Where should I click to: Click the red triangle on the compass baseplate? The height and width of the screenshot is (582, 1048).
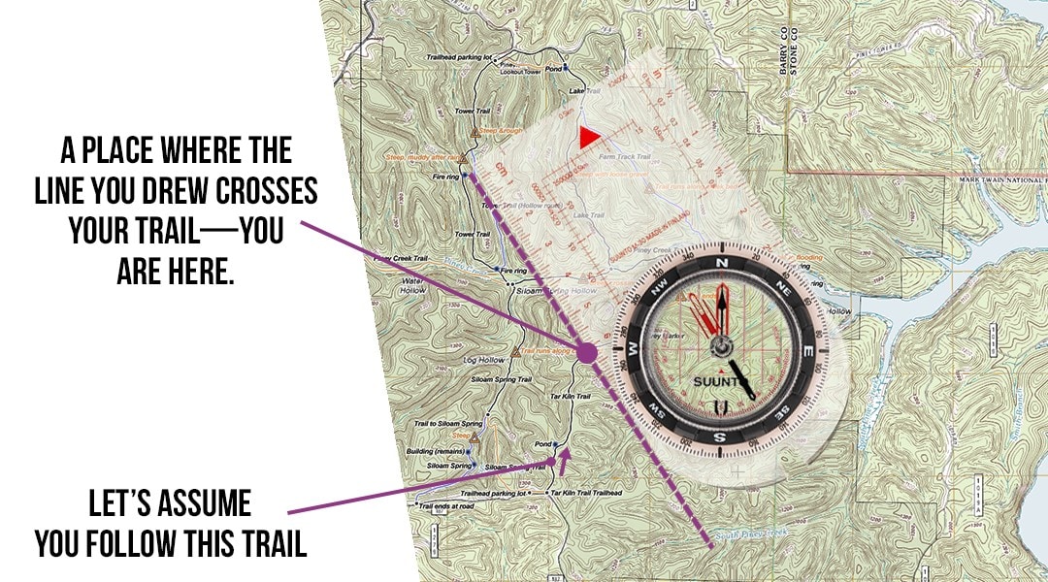tap(587, 137)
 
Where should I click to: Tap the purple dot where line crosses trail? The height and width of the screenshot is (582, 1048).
tap(586, 354)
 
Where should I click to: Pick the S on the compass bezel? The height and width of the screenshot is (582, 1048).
tap(719, 437)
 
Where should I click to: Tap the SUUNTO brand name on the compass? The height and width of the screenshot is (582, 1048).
tap(720, 380)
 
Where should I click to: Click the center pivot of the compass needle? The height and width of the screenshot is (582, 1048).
tap(721, 346)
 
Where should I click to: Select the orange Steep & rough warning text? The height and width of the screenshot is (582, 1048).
tap(502, 129)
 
